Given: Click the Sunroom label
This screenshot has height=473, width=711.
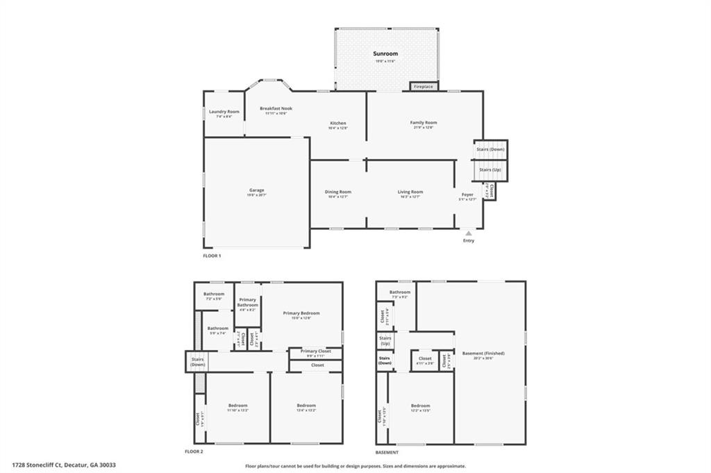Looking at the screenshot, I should pyautogui.click(x=387, y=53).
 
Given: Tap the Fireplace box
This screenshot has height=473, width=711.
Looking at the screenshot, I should pyautogui.click(x=423, y=87).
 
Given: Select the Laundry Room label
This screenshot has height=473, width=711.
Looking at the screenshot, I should pyautogui.click(x=224, y=112).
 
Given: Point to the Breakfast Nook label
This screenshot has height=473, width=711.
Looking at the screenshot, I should pyautogui.click(x=276, y=108).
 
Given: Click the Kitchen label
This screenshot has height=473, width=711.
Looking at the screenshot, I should pyautogui.click(x=337, y=124).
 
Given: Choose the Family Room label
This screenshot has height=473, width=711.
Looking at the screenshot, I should pyautogui.click(x=424, y=123).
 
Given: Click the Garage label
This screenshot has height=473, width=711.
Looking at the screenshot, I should pyautogui.click(x=257, y=190).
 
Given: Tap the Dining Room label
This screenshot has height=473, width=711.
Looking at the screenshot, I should pyautogui.click(x=338, y=192).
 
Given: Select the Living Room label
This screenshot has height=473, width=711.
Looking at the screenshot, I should pyautogui.click(x=410, y=192).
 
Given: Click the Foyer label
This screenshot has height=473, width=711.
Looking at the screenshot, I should pyautogui.click(x=467, y=195).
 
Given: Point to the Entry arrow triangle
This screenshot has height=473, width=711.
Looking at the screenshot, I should pyautogui.click(x=469, y=233).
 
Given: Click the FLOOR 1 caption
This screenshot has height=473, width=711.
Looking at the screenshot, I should pyautogui.click(x=212, y=256).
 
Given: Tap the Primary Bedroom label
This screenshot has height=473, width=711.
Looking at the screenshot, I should pyautogui.click(x=301, y=313).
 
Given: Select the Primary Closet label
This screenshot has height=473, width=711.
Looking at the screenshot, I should pyautogui.click(x=315, y=351).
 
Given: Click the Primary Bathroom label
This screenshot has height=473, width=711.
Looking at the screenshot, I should pyautogui.click(x=248, y=302).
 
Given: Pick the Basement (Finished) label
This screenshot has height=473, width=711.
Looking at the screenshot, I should pyautogui.click(x=483, y=354).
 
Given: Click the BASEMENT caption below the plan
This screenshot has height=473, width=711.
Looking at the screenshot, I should pyautogui.click(x=387, y=452).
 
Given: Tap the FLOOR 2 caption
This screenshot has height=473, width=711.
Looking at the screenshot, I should pyautogui.click(x=194, y=452).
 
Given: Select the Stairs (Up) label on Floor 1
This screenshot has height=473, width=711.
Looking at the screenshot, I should pyautogui.click(x=490, y=170).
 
